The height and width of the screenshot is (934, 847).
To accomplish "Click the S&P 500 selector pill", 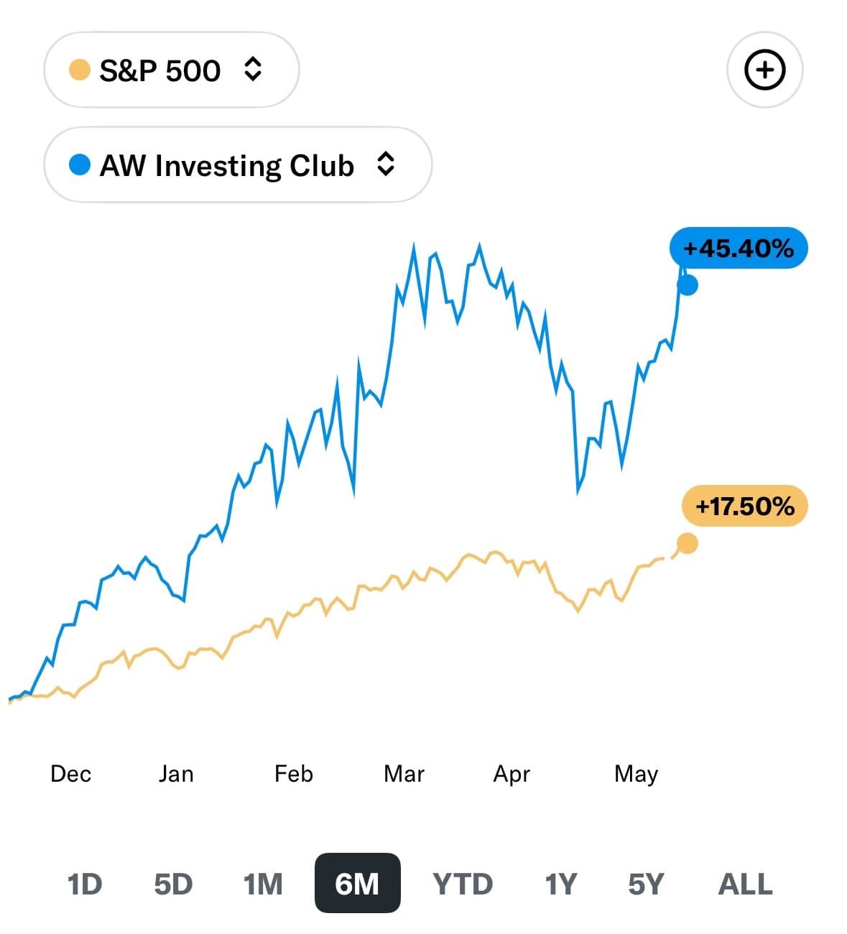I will pos(171,70).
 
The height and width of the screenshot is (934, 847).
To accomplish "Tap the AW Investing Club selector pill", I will pos(237,165).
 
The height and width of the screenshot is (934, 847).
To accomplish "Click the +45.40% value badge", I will pos(738,249).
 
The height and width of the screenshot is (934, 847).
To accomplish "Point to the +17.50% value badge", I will pos(744,507).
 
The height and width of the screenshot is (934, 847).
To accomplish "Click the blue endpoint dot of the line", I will pos(688,285).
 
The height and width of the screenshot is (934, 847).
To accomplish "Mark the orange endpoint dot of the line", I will pos(688,544).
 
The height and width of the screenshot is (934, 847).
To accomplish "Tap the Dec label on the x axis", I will pos(71,774).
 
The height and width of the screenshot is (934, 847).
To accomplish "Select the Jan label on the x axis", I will pos(176,774).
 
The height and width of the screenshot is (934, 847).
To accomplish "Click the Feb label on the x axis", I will pos(294,774).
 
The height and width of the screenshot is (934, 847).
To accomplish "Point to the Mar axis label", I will pos(404,774).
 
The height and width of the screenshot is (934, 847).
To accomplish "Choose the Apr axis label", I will pos(512,774).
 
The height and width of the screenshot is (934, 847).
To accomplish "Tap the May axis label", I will pos(636,775).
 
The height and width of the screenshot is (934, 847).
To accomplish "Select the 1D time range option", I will pos(85,884).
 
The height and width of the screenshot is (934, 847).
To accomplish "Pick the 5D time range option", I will pos(173,884).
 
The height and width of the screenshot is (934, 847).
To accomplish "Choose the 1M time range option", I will pos(263,884).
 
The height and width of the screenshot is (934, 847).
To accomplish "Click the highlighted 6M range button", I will pos(357,884).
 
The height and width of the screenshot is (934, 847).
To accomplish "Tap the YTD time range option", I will pos(463,884).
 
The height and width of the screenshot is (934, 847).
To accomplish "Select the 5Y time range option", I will pos(646,884).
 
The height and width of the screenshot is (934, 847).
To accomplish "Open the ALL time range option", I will pos(745,884).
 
